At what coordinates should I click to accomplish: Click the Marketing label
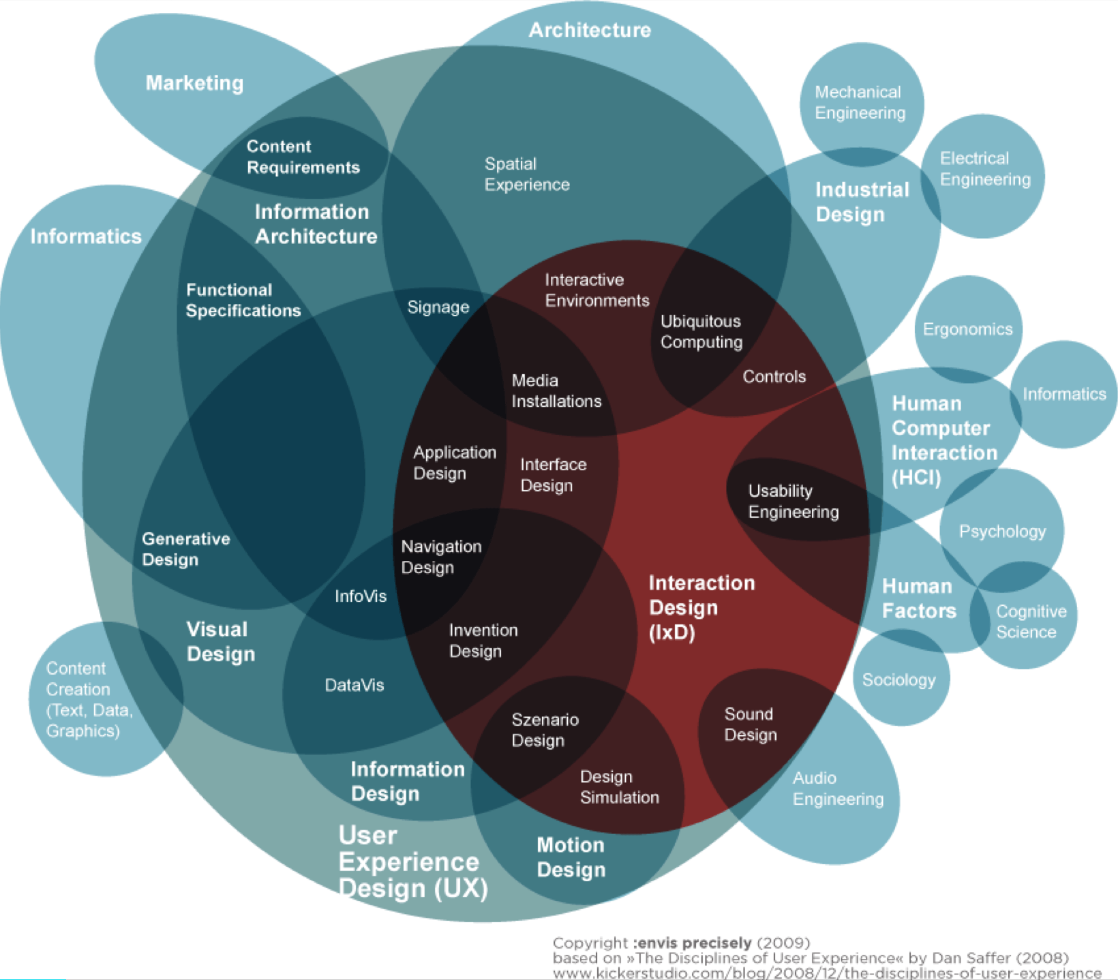[194, 83]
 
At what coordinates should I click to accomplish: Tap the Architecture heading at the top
[590, 30]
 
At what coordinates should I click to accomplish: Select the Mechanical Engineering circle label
[860, 102]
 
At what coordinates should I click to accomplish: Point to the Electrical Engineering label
[985, 169]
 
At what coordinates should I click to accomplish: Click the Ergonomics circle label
[967, 329]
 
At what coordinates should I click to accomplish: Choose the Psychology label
[1002, 532]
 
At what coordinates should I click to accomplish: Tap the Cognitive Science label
[1031, 622]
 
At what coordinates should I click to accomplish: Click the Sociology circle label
[898, 680]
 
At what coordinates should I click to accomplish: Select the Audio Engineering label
[838, 788]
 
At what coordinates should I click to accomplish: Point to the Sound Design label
[750, 724]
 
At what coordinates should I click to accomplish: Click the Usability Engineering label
[794, 502]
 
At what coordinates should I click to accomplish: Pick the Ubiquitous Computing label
[701, 332]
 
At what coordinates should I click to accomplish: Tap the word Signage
[438, 307]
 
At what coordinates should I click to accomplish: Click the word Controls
[774, 377]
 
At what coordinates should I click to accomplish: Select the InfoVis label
[361, 596]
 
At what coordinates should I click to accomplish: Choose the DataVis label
[354, 685]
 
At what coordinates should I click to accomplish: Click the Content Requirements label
[303, 157]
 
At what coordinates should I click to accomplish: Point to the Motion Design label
[571, 857]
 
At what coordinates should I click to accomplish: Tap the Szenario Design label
[545, 730]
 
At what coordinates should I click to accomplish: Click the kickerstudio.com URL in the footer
[827, 973]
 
